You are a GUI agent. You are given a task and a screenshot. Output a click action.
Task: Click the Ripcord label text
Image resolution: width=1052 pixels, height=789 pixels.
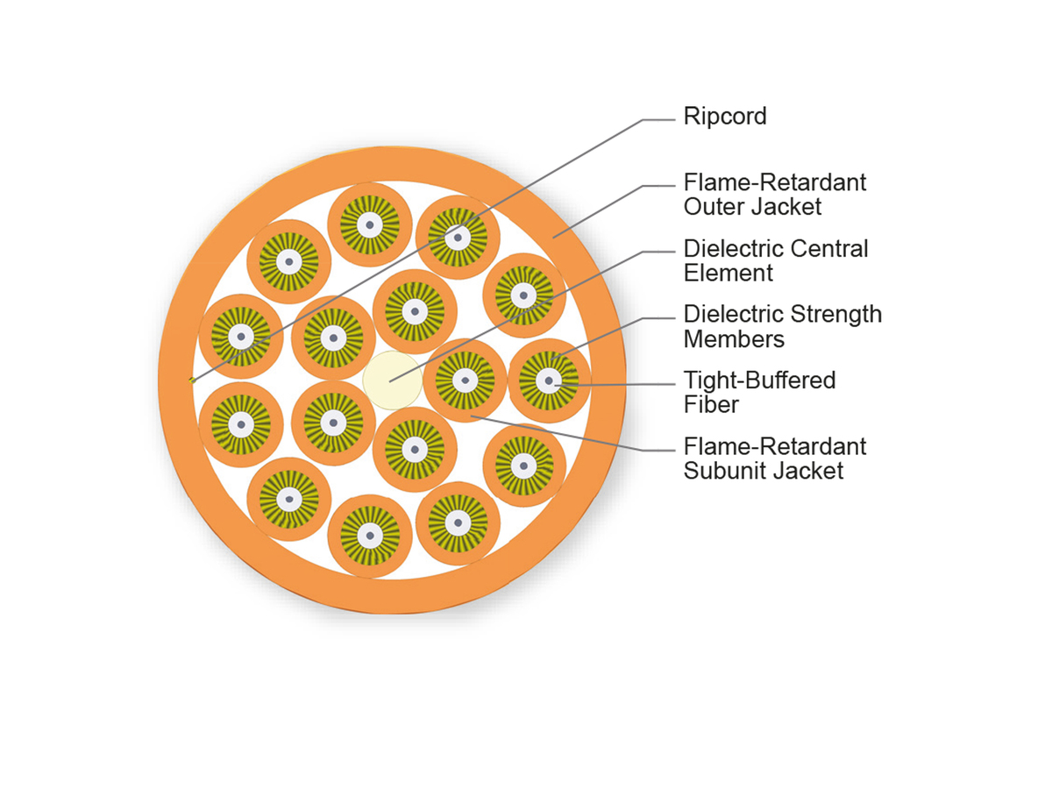(x=725, y=117)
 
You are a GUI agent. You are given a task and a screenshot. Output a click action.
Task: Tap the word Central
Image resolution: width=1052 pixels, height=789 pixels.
(x=829, y=249)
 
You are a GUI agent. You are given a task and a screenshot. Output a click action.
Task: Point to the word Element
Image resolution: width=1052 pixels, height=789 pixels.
(x=729, y=274)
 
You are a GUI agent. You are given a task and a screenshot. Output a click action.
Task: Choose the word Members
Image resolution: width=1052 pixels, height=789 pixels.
(x=734, y=339)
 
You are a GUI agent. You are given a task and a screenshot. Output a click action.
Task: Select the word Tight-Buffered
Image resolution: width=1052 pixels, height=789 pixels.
(x=759, y=380)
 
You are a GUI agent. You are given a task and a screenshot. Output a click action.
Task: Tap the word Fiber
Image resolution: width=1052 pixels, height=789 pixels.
(x=712, y=405)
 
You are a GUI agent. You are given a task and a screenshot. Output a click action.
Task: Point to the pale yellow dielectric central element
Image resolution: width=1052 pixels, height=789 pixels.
(x=392, y=380)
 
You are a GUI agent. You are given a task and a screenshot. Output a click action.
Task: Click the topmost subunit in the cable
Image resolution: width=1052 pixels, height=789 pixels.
(x=370, y=225)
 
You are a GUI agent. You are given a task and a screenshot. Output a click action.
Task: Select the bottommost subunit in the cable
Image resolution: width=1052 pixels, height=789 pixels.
(x=370, y=536)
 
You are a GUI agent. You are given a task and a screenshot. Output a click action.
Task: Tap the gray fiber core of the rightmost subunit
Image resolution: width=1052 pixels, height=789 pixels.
(x=549, y=380)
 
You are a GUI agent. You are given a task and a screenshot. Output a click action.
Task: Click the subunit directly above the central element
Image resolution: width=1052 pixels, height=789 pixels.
(x=414, y=311)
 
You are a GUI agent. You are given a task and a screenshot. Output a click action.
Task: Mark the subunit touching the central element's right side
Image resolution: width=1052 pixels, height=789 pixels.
(x=464, y=380)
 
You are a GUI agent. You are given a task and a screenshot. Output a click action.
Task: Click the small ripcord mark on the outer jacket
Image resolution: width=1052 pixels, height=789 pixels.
(x=191, y=380)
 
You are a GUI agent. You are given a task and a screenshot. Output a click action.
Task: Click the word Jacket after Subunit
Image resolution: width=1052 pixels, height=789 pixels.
(x=807, y=471)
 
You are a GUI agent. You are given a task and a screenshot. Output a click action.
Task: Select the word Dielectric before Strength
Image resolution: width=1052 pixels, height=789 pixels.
(x=733, y=315)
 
